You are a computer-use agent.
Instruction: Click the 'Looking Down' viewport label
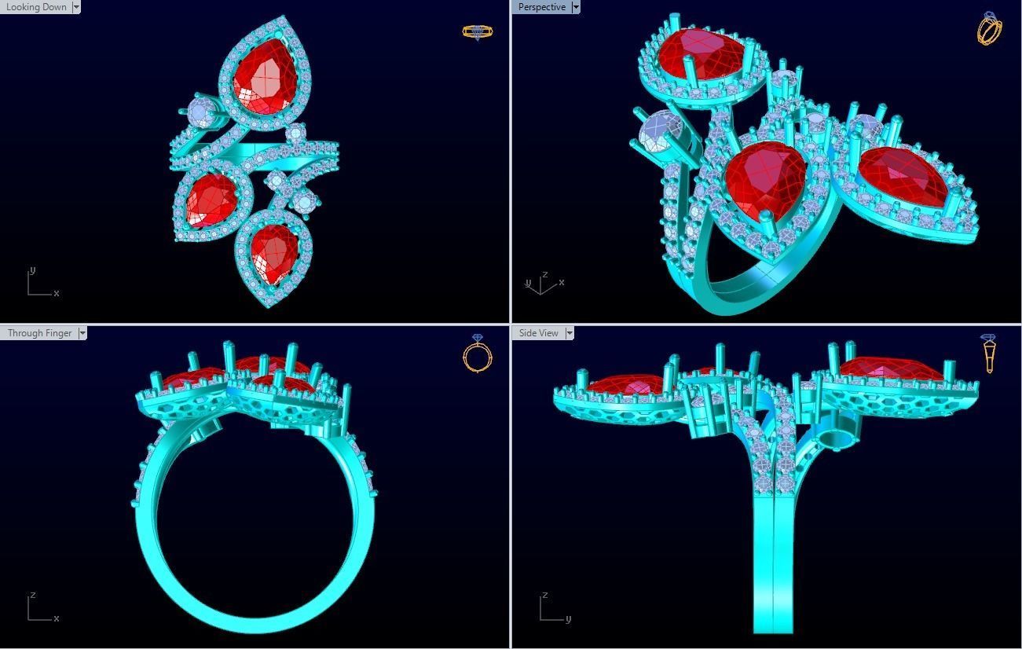tap(35, 7)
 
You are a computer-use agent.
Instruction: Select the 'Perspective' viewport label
tap(541, 7)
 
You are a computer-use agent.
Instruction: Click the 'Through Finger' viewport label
tap(39, 333)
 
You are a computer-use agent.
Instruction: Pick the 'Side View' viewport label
tap(538, 333)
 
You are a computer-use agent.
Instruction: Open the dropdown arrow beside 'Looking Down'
tap(76, 7)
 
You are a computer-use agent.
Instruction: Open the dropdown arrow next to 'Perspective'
tap(576, 7)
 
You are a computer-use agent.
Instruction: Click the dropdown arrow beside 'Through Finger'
tap(82, 333)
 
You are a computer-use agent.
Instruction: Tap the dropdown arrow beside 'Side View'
tap(570, 333)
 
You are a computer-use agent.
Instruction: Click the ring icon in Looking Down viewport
tap(477, 31)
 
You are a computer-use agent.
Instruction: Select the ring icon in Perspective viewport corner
tap(989, 29)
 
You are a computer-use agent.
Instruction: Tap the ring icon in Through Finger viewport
tap(478, 354)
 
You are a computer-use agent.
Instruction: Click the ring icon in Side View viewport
tap(989, 354)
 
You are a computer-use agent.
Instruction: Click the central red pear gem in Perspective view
tap(763, 179)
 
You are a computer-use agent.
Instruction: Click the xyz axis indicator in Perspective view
tap(542, 284)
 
